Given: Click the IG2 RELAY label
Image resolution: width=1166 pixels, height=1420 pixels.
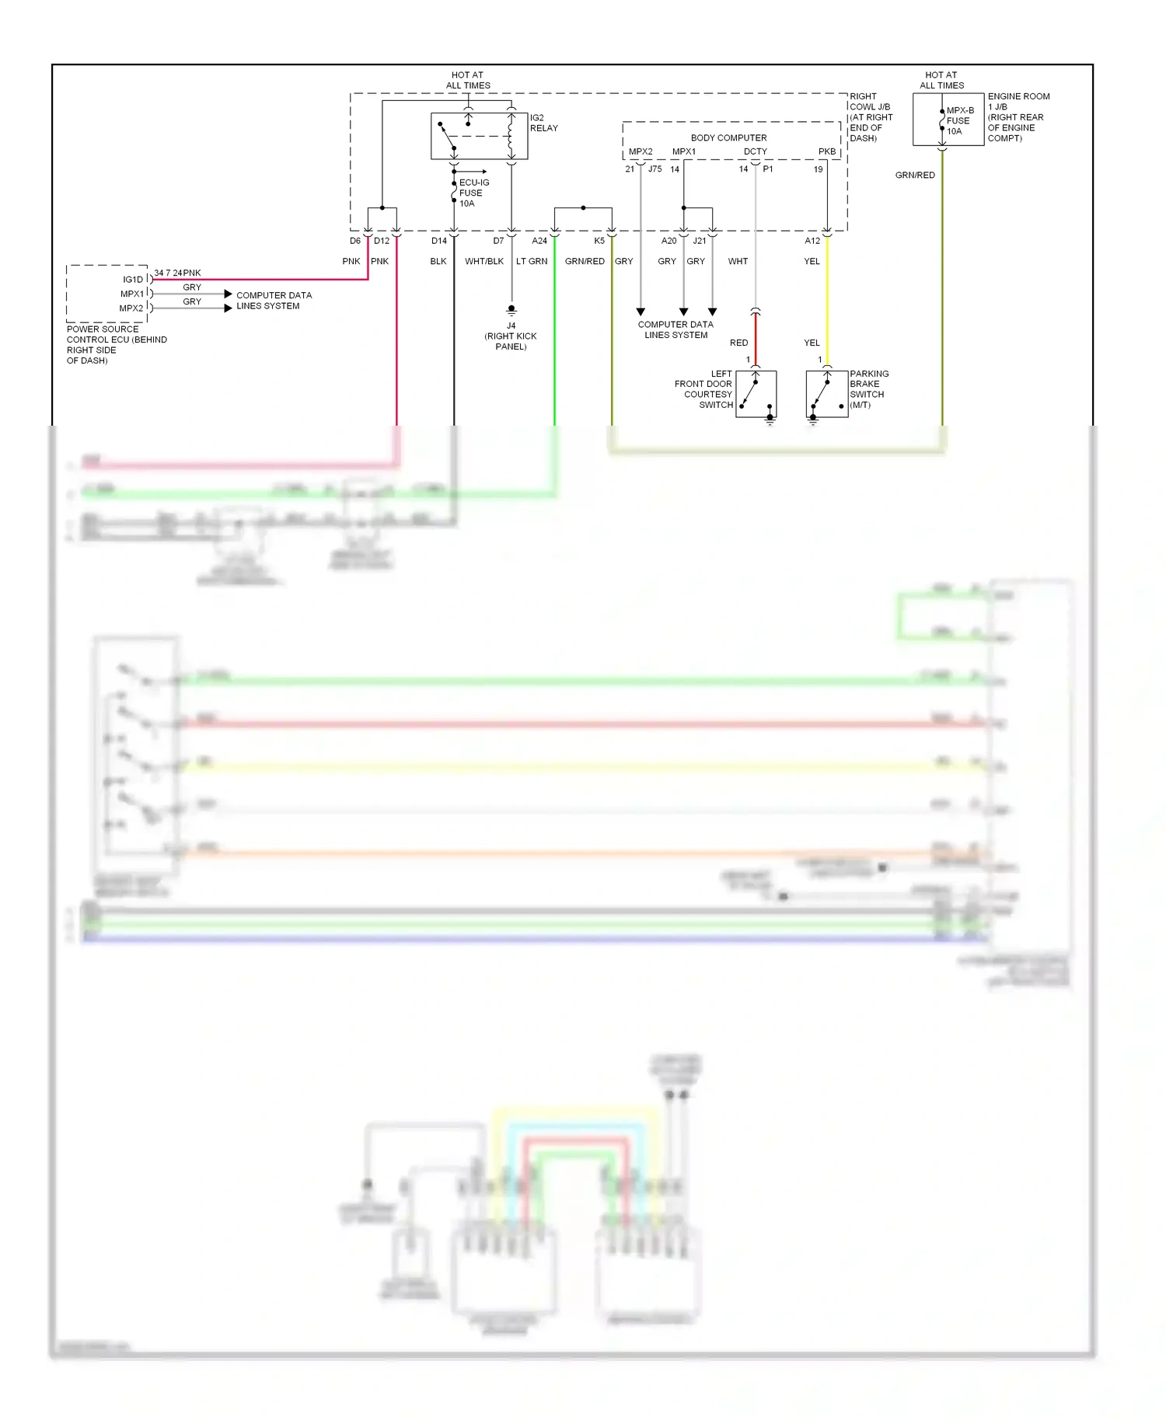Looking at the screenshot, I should [543, 123].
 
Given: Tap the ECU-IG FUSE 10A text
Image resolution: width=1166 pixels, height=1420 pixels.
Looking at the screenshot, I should [473, 193].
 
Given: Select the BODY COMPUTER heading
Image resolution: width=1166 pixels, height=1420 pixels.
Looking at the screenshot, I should [728, 137].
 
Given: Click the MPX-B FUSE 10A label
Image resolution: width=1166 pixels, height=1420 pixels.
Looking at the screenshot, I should [959, 120].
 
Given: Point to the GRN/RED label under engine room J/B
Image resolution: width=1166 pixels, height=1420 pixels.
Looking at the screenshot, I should [915, 175].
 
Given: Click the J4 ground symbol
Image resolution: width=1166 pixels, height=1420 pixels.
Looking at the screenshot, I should [511, 309].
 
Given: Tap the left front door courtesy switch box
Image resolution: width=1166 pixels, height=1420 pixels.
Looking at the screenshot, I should [756, 394].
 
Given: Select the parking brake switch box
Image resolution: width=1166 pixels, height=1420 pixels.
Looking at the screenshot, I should [826, 394].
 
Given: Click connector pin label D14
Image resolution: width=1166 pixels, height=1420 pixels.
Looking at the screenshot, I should [439, 241].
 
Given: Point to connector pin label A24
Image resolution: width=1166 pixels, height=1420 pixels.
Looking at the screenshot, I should [539, 241].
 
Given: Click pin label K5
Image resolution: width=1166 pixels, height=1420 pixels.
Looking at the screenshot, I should [599, 241].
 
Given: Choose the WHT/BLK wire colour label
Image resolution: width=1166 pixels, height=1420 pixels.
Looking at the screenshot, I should [484, 261].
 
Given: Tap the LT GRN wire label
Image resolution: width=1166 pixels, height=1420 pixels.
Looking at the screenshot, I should [532, 261].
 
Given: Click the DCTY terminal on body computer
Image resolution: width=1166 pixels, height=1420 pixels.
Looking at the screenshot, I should [755, 151].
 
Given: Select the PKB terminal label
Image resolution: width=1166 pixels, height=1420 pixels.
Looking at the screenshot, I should [827, 151].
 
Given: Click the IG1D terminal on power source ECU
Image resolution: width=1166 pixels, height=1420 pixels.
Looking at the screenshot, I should [133, 280].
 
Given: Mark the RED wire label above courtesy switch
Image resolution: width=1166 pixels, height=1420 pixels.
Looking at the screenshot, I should [738, 343].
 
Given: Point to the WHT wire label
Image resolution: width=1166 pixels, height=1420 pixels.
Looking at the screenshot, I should [738, 261].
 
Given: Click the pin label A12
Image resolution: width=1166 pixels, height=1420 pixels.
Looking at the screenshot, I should [812, 241].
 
